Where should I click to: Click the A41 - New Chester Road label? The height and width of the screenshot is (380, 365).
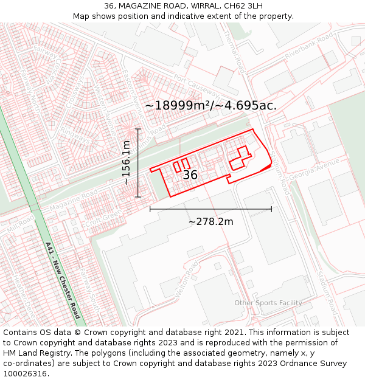point(63,280)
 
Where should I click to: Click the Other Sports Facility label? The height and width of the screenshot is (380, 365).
point(268,303)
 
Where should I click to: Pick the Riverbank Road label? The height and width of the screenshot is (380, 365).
point(309,47)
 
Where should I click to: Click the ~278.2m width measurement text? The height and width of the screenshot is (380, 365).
point(210,221)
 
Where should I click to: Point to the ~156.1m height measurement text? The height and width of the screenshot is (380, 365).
point(126,162)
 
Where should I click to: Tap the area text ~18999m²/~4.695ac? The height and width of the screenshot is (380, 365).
point(210,105)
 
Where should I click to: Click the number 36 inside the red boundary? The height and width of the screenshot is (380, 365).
point(190,175)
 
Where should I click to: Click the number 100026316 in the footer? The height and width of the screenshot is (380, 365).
point(25,373)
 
